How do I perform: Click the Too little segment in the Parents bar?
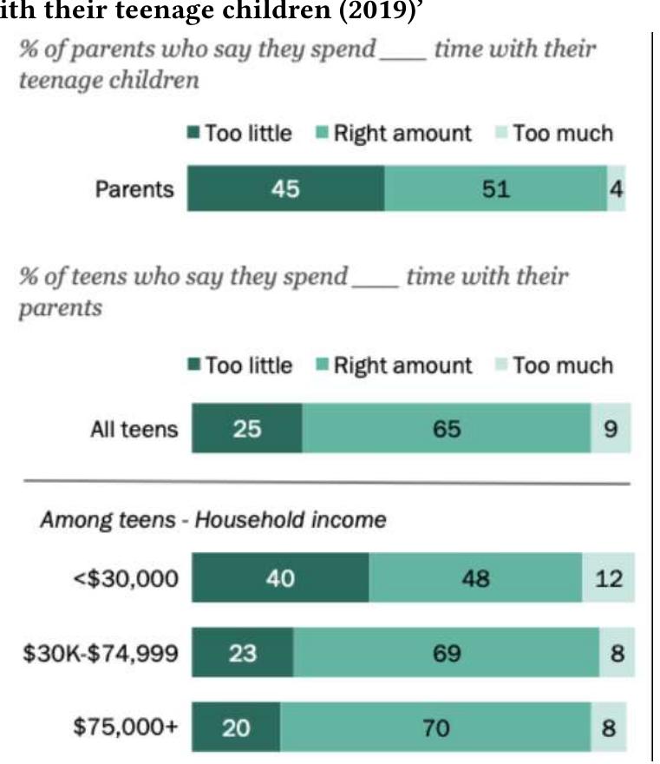pyautogui.click(x=285, y=188)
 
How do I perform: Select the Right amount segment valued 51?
pyautogui.click(x=495, y=188)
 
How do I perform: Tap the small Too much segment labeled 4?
pyautogui.click(x=616, y=188)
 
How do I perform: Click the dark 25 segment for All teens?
pyautogui.click(x=246, y=429)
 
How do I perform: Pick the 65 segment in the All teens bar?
pyautogui.click(x=446, y=429)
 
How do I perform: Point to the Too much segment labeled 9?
pyautogui.click(x=611, y=429)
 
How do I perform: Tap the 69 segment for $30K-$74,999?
pyautogui.click(x=446, y=652)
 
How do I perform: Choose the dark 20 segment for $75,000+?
pyautogui.click(x=236, y=726)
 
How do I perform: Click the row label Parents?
pyautogui.click(x=134, y=189)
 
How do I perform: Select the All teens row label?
pyautogui.click(x=134, y=430)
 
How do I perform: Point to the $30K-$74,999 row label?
pyautogui.click(x=101, y=653)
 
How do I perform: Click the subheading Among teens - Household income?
pyautogui.click(x=212, y=520)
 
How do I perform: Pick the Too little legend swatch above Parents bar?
pyautogui.click(x=193, y=134)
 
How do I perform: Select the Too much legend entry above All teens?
pyautogui.click(x=553, y=366)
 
